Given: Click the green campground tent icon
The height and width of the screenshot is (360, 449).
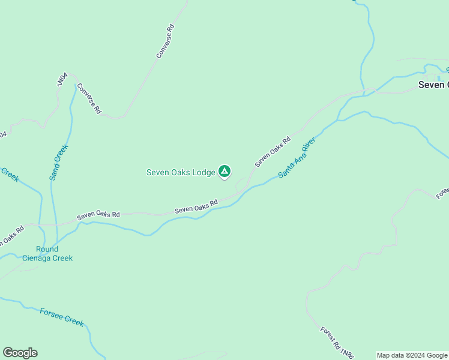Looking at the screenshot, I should (224, 172).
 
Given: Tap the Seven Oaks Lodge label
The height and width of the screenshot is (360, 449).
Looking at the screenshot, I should (181, 172).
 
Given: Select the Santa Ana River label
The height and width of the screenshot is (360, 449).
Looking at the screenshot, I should (297, 158).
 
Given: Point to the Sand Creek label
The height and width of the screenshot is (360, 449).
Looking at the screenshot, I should (59, 162).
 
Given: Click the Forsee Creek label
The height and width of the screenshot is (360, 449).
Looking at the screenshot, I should (62, 316).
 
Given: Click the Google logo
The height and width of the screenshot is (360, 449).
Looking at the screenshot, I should (20, 353).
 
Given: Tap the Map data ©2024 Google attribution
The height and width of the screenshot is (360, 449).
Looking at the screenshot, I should (412, 355).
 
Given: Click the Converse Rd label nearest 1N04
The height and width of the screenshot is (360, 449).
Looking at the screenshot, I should (89, 98).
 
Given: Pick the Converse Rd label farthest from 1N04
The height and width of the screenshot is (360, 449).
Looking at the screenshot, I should (165, 41).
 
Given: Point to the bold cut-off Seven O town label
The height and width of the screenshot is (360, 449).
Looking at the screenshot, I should (433, 85).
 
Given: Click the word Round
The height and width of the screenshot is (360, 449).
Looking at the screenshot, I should (47, 249).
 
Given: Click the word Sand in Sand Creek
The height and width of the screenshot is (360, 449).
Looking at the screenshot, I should (54, 173).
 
